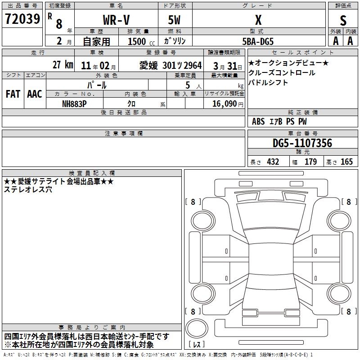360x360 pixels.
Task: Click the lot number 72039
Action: pos(22,19)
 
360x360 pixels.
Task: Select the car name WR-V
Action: pos(116,20)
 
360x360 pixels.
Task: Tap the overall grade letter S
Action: pos(343,20)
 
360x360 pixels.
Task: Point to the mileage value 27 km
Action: pos(63,64)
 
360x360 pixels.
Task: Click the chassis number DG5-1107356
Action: pos(302,143)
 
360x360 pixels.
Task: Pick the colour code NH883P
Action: pos(74,104)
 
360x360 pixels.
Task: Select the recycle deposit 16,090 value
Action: pos(225,104)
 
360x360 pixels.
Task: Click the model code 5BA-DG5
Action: pos(258,41)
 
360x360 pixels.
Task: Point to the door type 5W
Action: pos(174,20)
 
